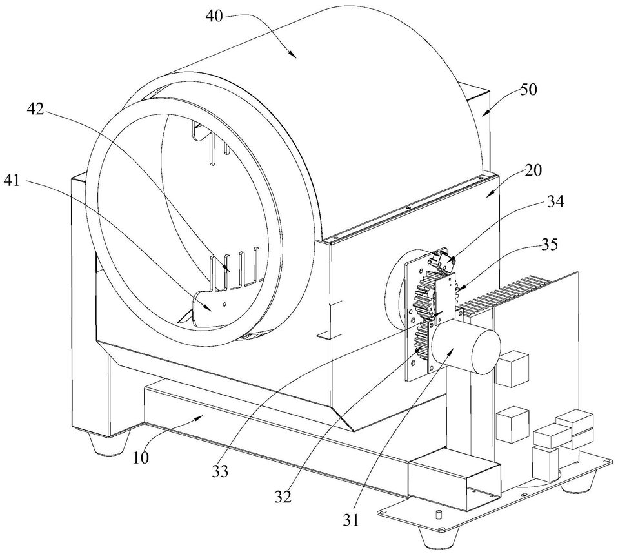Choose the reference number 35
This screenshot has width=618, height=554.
click(x=549, y=246)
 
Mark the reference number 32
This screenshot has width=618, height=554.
click(x=283, y=497)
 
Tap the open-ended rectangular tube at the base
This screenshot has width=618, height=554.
click(x=455, y=482)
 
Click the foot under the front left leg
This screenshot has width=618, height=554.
click(x=104, y=444)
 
